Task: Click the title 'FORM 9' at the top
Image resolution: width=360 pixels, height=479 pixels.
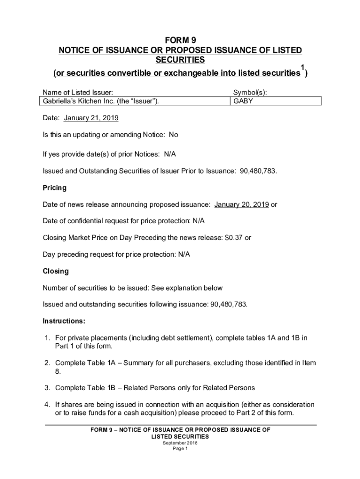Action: [180, 40]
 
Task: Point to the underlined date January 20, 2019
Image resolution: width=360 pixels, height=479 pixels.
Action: [241, 204]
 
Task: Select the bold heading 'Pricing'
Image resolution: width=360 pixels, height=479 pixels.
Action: [55, 188]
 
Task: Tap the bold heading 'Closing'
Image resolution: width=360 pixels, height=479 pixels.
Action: [56, 271]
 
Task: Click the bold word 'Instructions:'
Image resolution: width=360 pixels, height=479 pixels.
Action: [64, 321]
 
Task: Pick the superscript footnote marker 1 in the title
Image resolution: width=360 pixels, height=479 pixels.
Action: [302, 68]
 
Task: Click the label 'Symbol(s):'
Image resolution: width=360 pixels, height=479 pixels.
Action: [250, 93]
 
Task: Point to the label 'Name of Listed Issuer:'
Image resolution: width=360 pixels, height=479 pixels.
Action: [78, 93]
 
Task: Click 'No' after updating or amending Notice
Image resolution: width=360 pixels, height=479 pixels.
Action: [173, 135]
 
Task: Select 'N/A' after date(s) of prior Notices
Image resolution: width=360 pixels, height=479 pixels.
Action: [170, 154]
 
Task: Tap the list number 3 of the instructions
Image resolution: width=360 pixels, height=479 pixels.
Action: [47, 388]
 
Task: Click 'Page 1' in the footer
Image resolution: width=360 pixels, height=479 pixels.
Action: [180, 448]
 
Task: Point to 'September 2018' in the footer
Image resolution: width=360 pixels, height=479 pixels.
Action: [180, 443]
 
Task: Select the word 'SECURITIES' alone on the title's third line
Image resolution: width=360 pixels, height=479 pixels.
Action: [180, 60]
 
